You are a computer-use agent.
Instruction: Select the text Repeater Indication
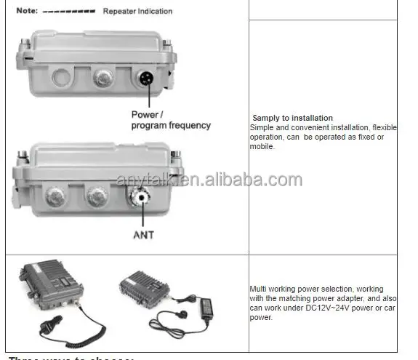click(x=138, y=12)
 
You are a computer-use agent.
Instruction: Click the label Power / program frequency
click(x=170, y=120)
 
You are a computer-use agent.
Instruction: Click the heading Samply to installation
click(x=292, y=118)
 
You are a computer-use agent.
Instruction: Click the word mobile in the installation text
click(x=262, y=146)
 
